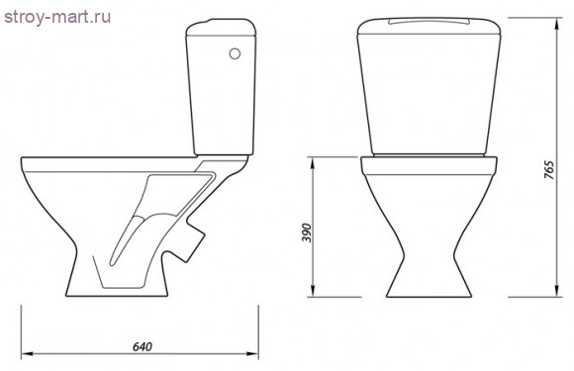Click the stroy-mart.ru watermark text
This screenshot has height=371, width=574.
(x=57, y=17)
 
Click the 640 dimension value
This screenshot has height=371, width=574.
(x=143, y=346)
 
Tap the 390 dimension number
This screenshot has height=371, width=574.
(x=307, y=232)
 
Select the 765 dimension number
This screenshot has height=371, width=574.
(x=549, y=169)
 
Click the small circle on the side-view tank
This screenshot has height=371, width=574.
(x=235, y=53)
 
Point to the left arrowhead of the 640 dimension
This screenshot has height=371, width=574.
(x=27, y=354)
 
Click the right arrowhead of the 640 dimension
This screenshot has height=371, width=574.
(x=252, y=354)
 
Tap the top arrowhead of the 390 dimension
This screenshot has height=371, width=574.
(x=313, y=163)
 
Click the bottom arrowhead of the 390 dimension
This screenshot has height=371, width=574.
(x=313, y=291)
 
